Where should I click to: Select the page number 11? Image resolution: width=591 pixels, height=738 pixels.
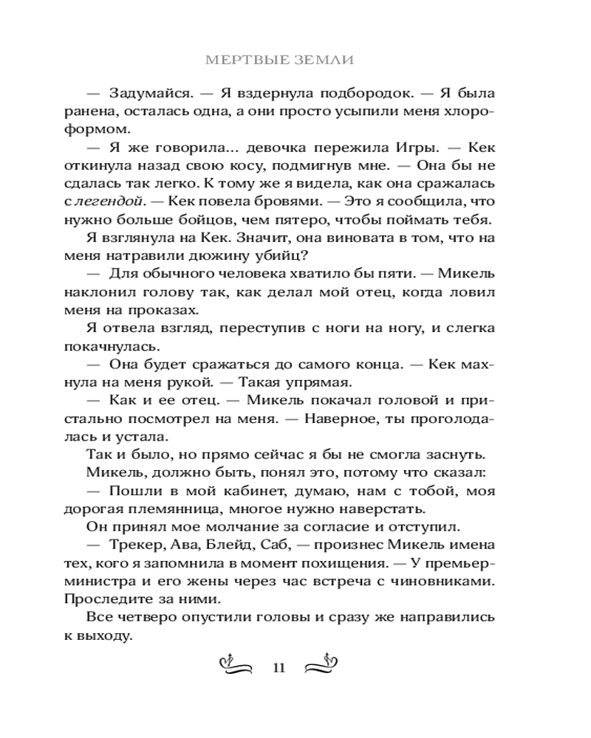(279, 669)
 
